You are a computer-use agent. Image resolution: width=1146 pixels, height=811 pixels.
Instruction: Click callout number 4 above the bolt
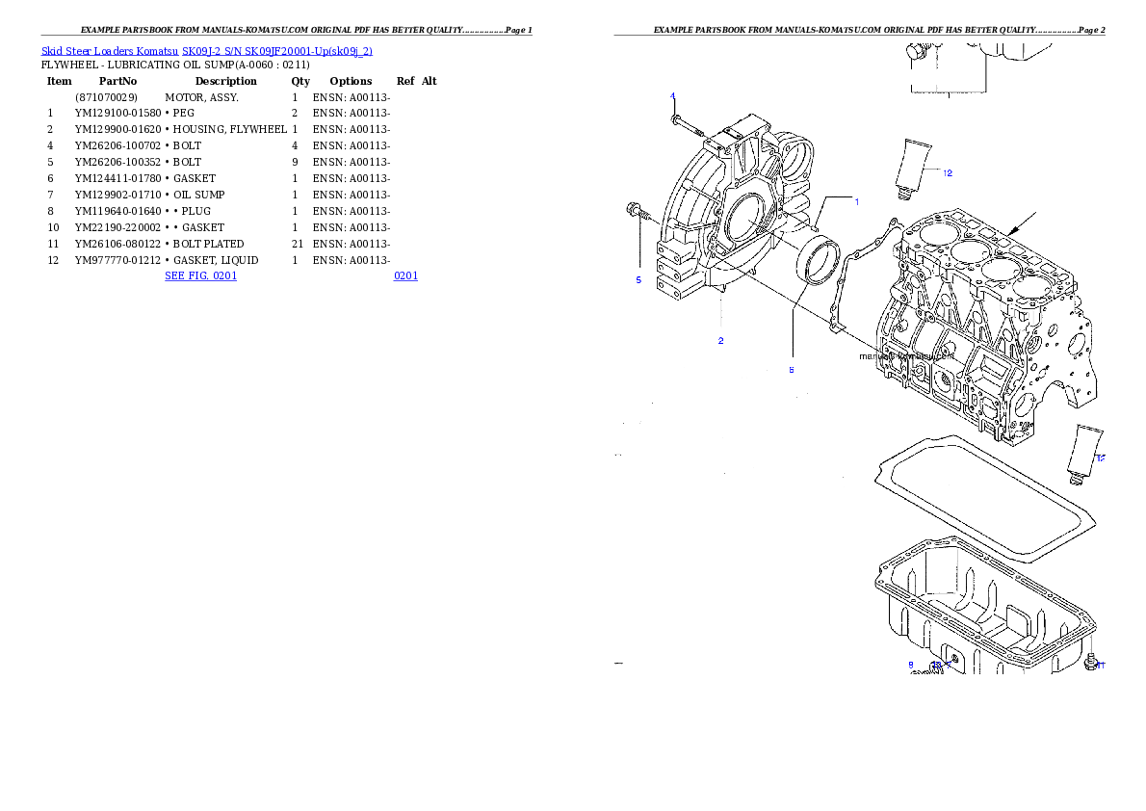click(673, 95)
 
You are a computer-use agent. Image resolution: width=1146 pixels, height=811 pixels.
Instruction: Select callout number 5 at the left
click(638, 280)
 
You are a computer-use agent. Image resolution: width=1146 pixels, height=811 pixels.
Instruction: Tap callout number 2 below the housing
click(720, 341)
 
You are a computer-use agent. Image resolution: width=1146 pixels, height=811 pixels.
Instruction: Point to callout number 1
click(857, 201)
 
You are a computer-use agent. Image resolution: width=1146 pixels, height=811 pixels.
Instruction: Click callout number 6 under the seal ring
click(792, 370)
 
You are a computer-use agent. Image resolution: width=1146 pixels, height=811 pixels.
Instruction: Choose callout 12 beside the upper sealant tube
click(948, 173)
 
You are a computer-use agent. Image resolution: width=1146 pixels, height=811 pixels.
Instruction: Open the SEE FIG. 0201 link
click(200, 275)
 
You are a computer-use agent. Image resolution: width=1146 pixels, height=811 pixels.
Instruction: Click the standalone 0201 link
click(405, 275)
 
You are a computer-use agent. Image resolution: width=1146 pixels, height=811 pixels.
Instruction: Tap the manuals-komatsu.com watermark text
click(906, 355)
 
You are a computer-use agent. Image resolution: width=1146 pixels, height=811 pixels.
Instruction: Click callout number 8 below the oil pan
click(910, 665)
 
